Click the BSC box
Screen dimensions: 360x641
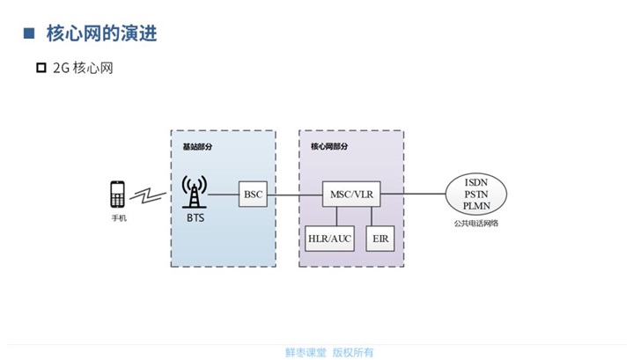254,194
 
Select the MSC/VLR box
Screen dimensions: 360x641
351,194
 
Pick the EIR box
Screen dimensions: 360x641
380,239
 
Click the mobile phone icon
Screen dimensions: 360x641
118,194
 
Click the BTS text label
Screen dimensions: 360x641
195,217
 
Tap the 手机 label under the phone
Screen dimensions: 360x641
118,217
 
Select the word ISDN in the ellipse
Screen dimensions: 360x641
476,182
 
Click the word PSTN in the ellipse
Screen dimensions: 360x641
476,194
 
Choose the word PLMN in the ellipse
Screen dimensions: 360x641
476,205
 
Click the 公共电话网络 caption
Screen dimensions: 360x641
476,224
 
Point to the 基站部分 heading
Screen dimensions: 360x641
197,146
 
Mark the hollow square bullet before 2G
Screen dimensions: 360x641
41,68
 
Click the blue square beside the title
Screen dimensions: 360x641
28,33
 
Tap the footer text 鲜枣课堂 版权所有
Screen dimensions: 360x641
328,351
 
